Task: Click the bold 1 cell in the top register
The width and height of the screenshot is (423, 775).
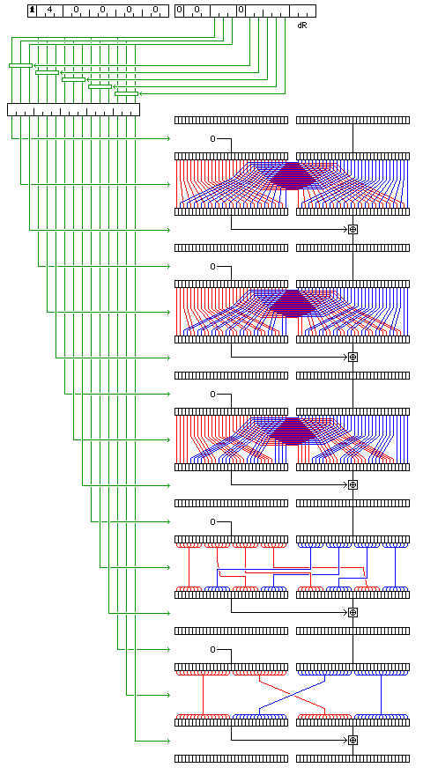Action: pos(32,11)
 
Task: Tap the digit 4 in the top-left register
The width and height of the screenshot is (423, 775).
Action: pos(49,10)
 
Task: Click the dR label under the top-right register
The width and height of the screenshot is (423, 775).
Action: pos(302,25)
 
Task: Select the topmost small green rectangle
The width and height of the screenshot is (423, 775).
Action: pos(21,65)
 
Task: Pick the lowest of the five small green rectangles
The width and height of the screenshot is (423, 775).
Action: pos(126,93)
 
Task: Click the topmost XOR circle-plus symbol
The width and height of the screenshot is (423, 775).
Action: pos(352,229)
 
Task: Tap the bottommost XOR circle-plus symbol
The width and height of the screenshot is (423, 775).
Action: pos(352,740)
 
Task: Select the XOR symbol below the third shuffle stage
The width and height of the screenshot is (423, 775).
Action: pos(352,484)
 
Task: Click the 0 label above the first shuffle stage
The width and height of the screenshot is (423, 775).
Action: pos(212,139)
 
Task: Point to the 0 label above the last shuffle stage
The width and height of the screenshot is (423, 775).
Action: pos(212,649)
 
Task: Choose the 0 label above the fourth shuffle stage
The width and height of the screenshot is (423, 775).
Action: pos(212,522)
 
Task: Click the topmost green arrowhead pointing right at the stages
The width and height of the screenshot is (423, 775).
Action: pos(168,139)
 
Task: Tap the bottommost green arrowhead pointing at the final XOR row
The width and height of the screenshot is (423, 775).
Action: pos(168,741)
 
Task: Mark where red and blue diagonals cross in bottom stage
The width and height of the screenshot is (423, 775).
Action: pos(293,695)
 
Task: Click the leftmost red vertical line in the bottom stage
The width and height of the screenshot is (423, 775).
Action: pos(203,695)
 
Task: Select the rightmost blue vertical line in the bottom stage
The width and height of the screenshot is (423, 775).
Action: pos(381,695)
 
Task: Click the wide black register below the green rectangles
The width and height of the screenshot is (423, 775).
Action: pos(74,109)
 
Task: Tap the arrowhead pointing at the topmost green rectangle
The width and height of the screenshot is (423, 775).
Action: pos(35,65)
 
